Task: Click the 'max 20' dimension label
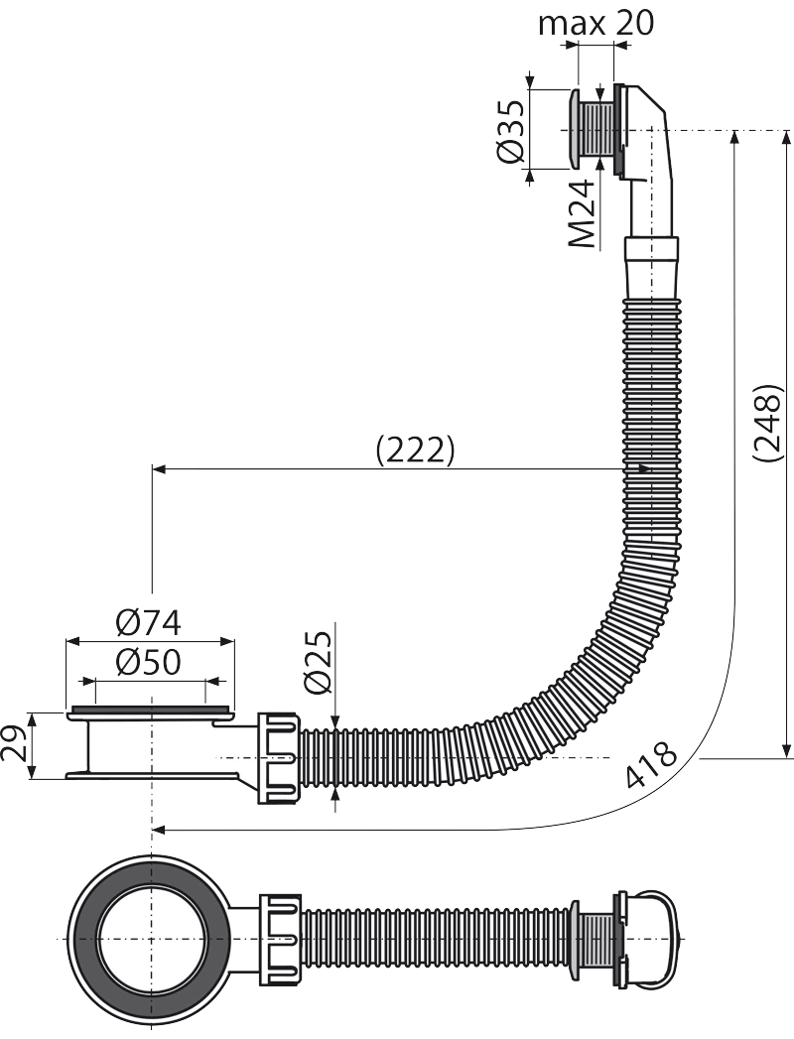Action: [595, 23]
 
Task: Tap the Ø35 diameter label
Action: [510, 131]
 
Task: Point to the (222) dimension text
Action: [416, 451]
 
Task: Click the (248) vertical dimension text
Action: [768, 423]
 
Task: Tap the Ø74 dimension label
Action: [148, 623]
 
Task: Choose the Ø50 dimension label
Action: [148, 662]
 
